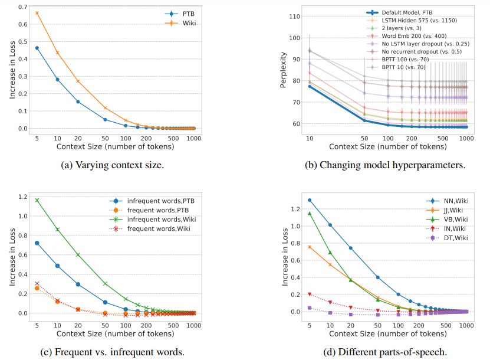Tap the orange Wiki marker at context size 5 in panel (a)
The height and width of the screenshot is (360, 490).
coord(37,13)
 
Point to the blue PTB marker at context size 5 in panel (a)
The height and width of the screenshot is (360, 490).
coord(37,48)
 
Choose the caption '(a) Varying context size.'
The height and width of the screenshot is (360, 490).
coord(113,165)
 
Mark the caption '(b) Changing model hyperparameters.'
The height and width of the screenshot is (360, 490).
coord(384,165)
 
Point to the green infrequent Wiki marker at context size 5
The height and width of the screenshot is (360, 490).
coord(37,200)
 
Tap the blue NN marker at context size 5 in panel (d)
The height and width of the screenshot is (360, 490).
coord(310,200)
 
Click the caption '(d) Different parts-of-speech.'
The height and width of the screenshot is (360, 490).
coord(384,353)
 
